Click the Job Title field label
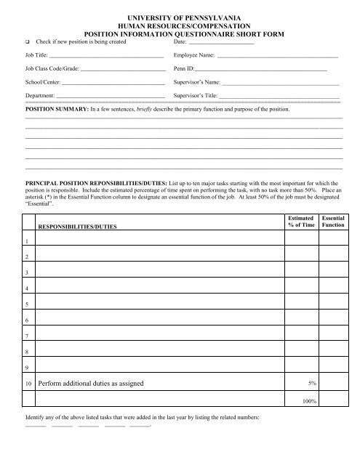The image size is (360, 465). point(37,55)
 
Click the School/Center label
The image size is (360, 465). point(42,81)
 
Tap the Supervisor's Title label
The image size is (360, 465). point(196,95)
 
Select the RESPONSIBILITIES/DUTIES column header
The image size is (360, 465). point(82,227)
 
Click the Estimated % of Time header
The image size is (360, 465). point(301,222)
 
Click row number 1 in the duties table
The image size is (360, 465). point(27,241)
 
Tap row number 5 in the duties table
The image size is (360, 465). point(27,304)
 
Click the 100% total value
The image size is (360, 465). point(309,400)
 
